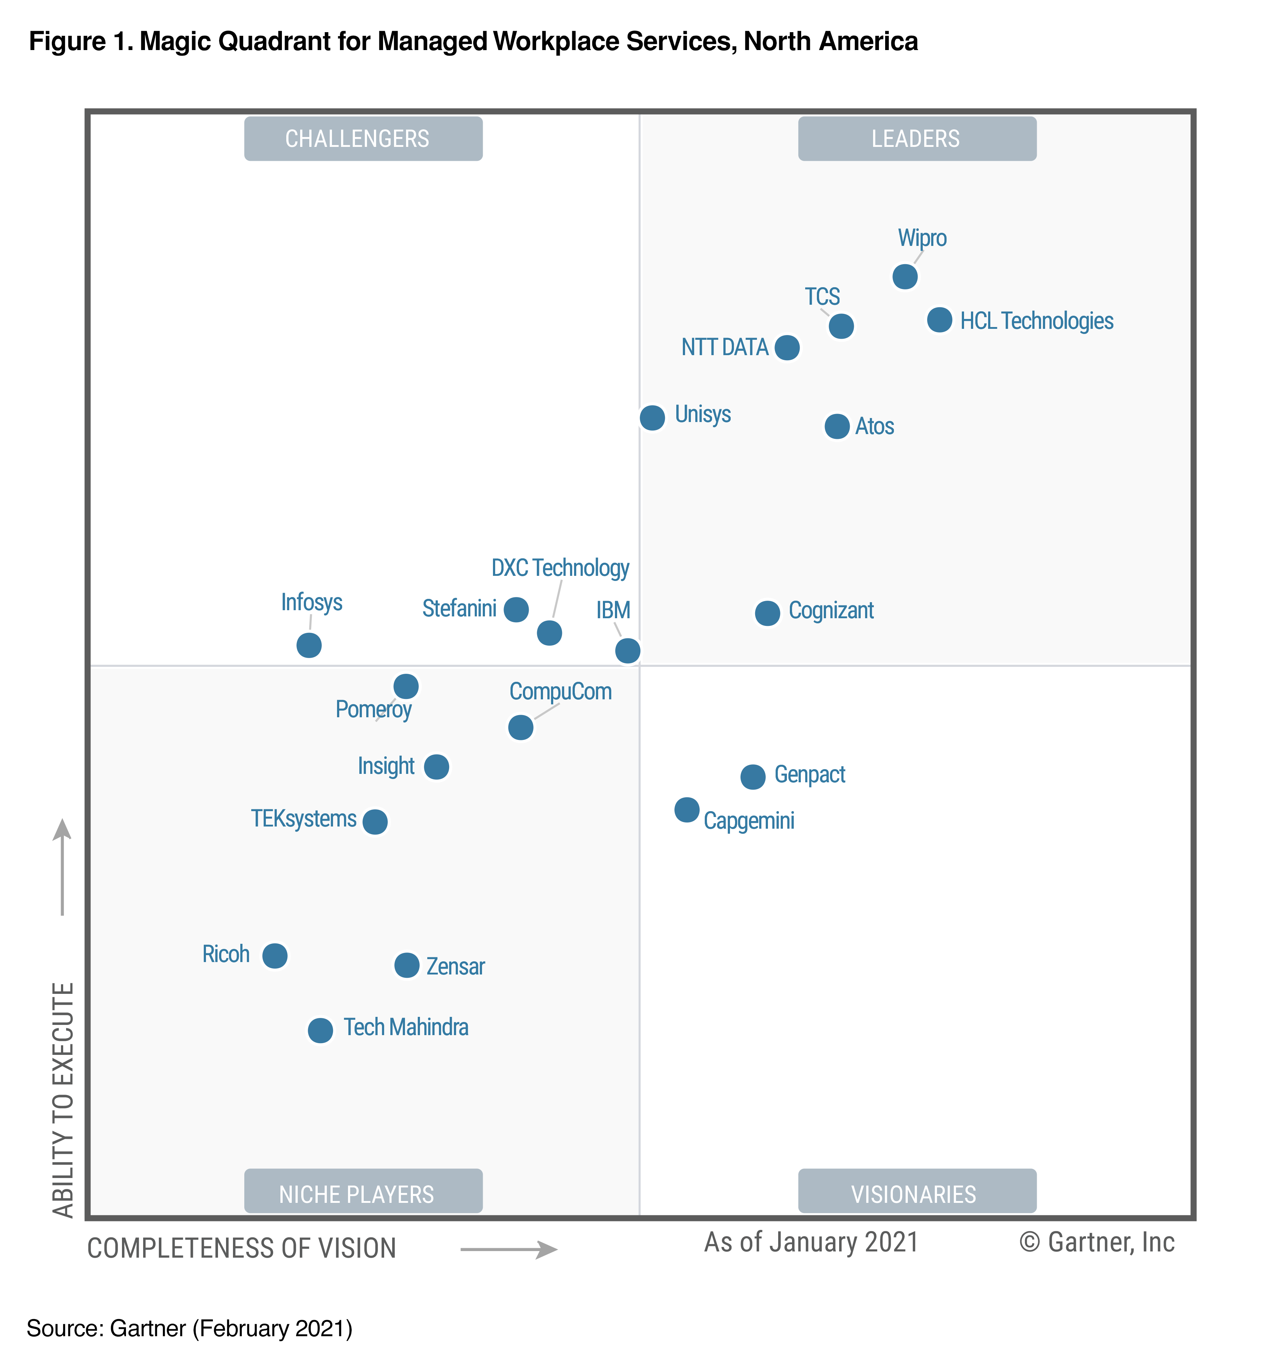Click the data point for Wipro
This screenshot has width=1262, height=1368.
tap(905, 277)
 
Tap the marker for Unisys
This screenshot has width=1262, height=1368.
tap(652, 418)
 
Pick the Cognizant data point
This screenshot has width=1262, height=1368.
tap(768, 613)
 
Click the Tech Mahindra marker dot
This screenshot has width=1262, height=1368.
tap(320, 1030)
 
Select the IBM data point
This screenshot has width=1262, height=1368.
tap(628, 650)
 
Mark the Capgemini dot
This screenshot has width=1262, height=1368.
tap(687, 810)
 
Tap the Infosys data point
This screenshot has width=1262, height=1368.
tap(309, 645)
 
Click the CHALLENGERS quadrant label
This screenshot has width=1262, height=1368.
tap(363, 139)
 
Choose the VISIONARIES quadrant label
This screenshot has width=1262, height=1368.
tap(917, 1194)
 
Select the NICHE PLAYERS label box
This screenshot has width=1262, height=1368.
tap(363, 1194)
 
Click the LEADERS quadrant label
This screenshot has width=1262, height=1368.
tap(917, 139)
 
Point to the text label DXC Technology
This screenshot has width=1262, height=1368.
tap(560, 568)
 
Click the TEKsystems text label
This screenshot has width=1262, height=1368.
tap(304, 818)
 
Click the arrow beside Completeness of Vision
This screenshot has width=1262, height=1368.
tap(509, 1250)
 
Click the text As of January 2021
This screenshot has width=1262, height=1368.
tap(811, 1242)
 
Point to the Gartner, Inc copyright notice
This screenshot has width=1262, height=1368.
tap(1097, 1242)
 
